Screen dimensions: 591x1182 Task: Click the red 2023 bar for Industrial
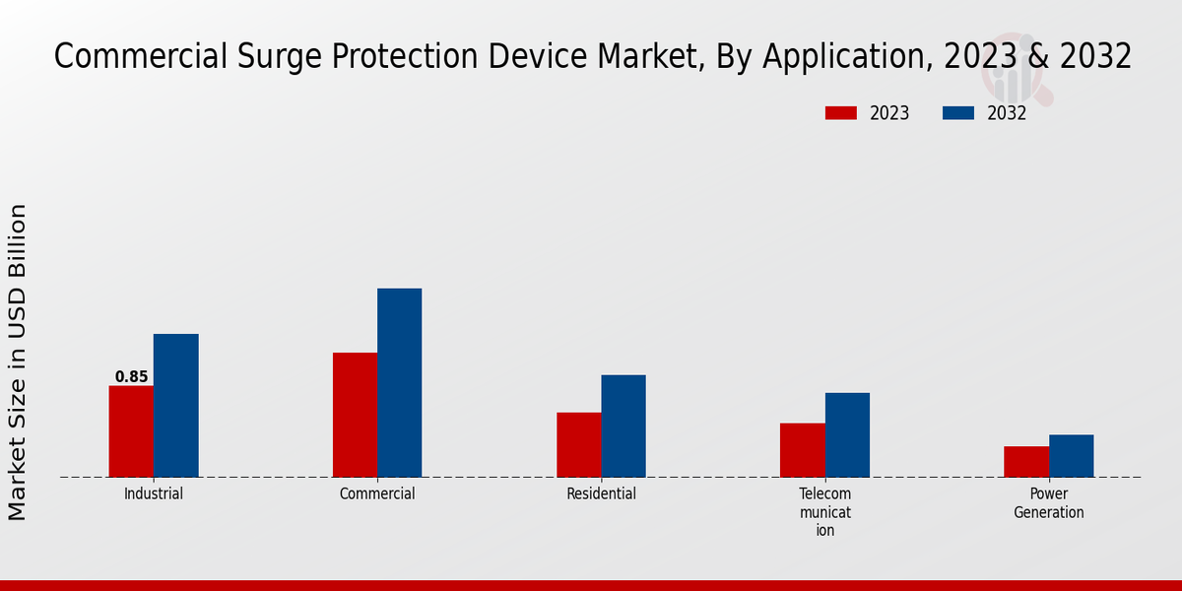click(x=131, y=431)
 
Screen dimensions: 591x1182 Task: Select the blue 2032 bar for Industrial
click(x=175, y=406)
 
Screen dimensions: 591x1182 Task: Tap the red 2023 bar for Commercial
click(x=355, y=415)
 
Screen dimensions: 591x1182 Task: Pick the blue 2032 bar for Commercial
click(x=399, y=383)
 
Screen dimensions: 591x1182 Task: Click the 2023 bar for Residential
click(x=578, y=444)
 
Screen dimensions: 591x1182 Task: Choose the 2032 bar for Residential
click(x=624, y=426)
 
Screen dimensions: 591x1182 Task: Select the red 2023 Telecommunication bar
click(x=802, y=450)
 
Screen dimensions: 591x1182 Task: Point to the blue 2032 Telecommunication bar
click(x=847, y=434)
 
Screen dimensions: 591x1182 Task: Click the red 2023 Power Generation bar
click(x=1026, y=462)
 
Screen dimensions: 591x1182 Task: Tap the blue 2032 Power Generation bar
click(x=1071, y=456)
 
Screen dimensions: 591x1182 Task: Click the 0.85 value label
click(x=131, y=377)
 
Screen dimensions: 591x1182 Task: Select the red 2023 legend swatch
click(x=840, y=113)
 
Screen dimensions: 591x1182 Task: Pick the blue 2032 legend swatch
click(x=957, y=113)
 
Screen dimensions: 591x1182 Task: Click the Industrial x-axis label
click(x=154, y=494)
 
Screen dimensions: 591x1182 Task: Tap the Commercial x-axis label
click(x=377, y=494)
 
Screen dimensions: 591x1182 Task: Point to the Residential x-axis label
click(x=601, y=494)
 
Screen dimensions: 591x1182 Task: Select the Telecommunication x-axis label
click(x=825, y=512)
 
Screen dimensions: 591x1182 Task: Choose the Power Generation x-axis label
click(x=1049, y=503)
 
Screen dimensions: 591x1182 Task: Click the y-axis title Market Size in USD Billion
click(x=18, y=361)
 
